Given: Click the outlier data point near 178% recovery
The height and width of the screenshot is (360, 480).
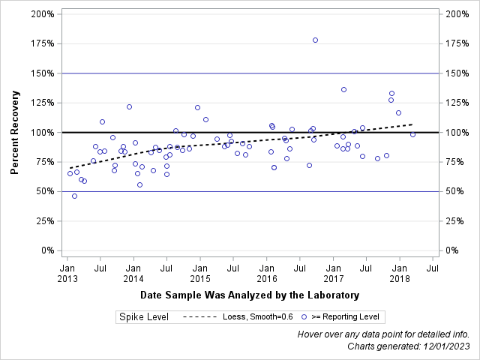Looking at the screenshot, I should pyautogui.click(x=315, y=40).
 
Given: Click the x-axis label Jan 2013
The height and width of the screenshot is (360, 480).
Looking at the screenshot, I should pyautogui.click(x=67, y=273).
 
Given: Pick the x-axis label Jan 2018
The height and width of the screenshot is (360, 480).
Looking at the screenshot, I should pyautogui.click(x=400, y=273).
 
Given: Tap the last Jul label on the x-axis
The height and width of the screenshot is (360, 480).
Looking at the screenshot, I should pyautogui.click(x=433, y=267).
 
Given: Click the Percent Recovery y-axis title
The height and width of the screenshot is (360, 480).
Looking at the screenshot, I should pyautogui.click(x=15, y=133).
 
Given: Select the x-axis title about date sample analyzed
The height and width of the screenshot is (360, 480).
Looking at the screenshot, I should pyautogui.click(x=249, y=295).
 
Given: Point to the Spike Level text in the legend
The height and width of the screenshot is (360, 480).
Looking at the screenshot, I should pyautogui.click(x=143, y=317).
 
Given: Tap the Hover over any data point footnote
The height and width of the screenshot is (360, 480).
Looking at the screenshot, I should pyautogui.click(x=383, y=334).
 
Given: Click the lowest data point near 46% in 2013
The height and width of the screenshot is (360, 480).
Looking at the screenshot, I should pyautogui.click(x=74, y=196).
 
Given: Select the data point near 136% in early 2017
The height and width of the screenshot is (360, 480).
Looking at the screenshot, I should pyautogui.click(x=343, y=89).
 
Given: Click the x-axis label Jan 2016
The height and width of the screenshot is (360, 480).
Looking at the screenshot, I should pyautogui.click(x=266, y=273).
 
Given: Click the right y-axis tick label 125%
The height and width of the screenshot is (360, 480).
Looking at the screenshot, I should pyautogui.click(x=457, y=103).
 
